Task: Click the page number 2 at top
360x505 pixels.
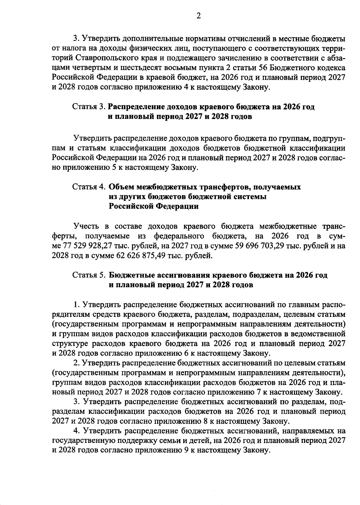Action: (x=198, y=16)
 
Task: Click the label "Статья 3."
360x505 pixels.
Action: (x=89, y=107)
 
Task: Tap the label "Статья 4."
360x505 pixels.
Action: (x=89, y=187)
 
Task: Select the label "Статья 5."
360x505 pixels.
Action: (x=89, y=275)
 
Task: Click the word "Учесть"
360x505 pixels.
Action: (x=87, y=226)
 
